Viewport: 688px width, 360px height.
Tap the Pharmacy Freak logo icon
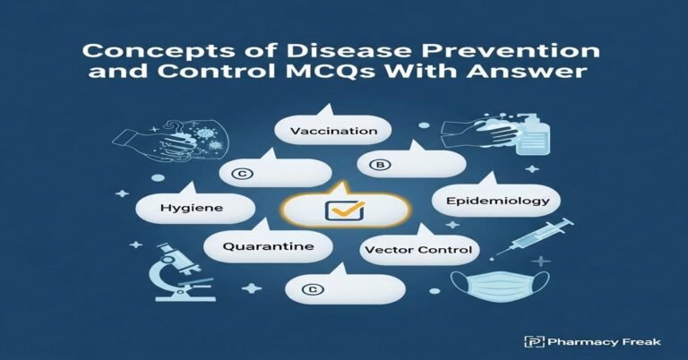[x=533, y=340]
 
